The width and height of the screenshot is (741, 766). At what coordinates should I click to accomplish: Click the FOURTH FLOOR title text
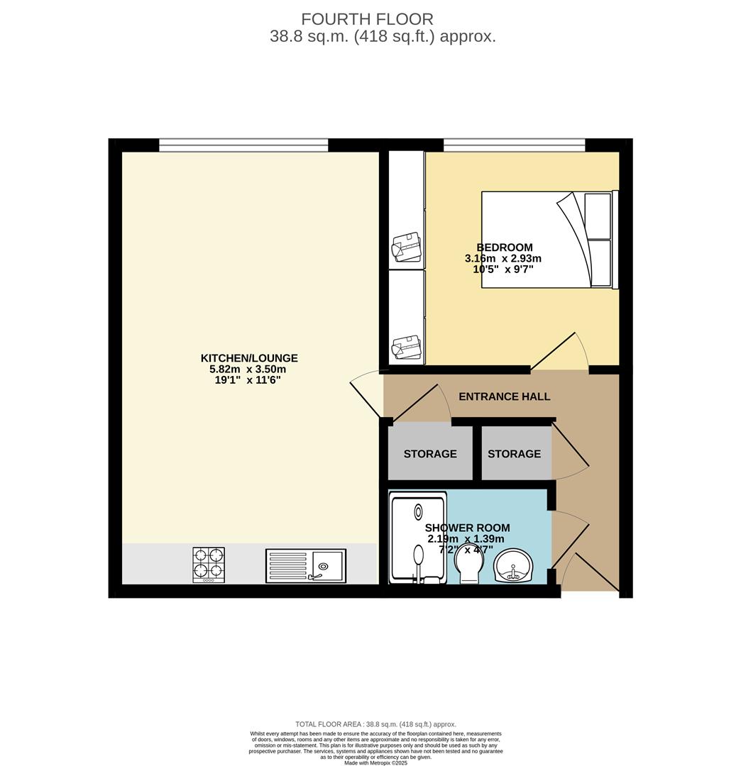tap(367, 19)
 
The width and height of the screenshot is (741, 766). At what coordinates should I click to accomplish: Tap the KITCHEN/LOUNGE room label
tap(249, 358)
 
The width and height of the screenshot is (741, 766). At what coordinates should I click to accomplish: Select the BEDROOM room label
tap(504, 248)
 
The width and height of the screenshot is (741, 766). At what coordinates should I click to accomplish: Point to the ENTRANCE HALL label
tap(504, 396)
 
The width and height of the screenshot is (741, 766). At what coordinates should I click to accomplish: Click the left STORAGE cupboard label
tap(430, 454)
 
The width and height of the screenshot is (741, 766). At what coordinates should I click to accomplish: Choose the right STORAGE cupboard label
tap(514, 454)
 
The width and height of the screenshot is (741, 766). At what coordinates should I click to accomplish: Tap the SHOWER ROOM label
tap(467, 528)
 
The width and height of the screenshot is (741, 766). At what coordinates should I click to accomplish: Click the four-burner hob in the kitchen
tap(209, 565)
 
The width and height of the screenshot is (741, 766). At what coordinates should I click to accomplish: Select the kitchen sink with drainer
tap(306, 566)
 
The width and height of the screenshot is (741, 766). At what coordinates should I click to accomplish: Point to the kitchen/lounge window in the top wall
tap(243, 145)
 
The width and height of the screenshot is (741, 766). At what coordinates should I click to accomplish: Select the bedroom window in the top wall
tap(514, 145)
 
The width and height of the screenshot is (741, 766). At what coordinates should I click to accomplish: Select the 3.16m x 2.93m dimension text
tap(503, 259)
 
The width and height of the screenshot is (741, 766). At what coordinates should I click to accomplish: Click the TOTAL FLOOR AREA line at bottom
tap(375, 724)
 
